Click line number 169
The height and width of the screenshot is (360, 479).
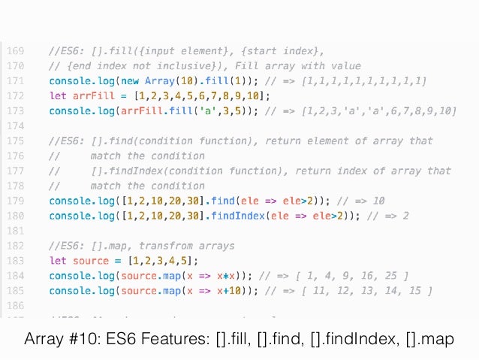(16, 51)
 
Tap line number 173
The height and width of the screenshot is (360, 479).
(16, 111)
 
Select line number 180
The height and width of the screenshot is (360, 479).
(16, 216)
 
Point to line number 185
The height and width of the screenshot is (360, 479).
(16, 291)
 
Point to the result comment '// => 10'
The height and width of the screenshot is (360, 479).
(362, 201)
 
